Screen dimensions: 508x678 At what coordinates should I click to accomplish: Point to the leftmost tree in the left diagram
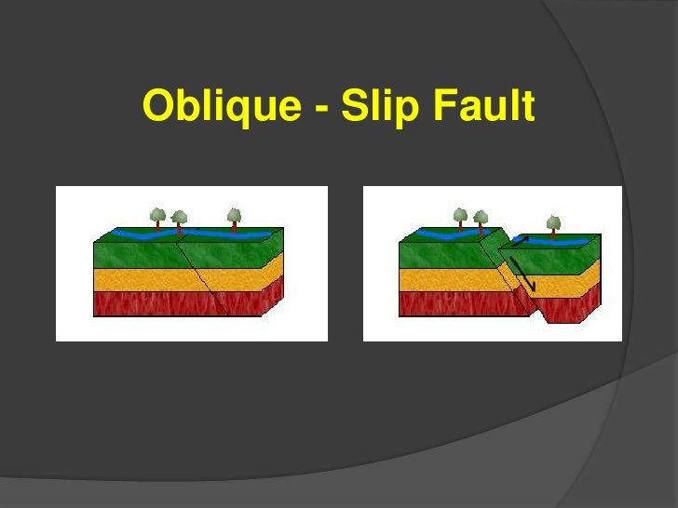[158, 218]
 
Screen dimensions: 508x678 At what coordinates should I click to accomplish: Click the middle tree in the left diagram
[179, 221]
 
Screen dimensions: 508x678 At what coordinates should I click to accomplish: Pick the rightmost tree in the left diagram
[234, 218]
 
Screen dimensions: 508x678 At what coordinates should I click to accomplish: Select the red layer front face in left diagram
[140, 303]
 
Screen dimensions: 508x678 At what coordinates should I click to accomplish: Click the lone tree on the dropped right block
[554, 223]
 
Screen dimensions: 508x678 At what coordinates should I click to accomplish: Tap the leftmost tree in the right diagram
[460, 218]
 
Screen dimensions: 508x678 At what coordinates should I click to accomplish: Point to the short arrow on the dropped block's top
[519, 242]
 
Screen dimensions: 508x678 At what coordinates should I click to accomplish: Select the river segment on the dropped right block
[559, 240]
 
